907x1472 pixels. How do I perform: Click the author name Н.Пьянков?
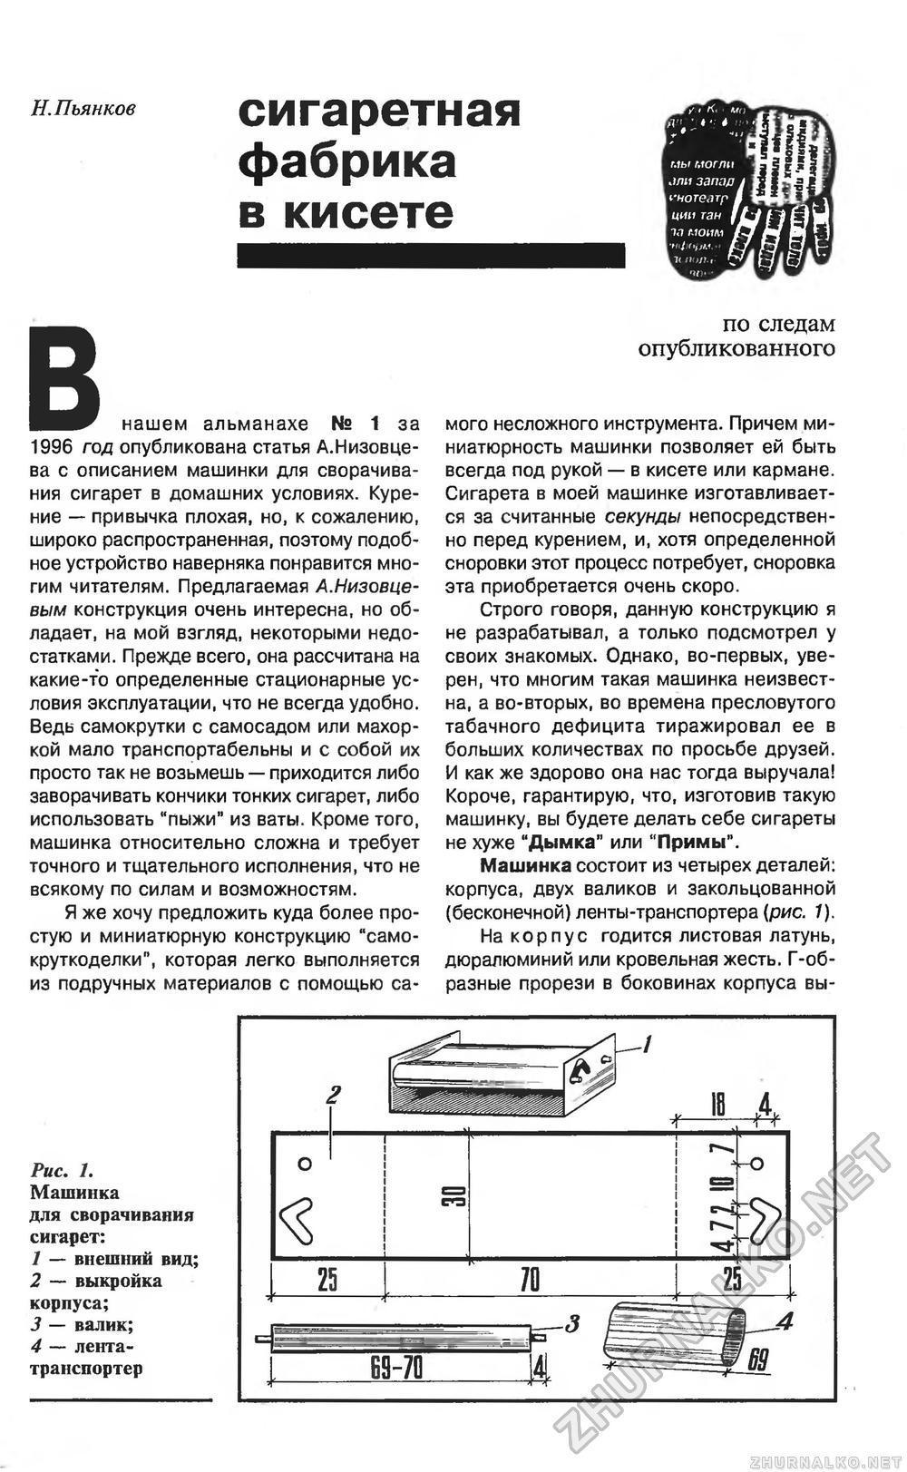(x=83, y=109)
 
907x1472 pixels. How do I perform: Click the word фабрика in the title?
(x=346, y=161)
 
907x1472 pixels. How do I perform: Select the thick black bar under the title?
(x=431, y=255)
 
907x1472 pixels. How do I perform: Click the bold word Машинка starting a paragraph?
(x=525, y=864)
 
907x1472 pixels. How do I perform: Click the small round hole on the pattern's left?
(x=306, y=1164)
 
